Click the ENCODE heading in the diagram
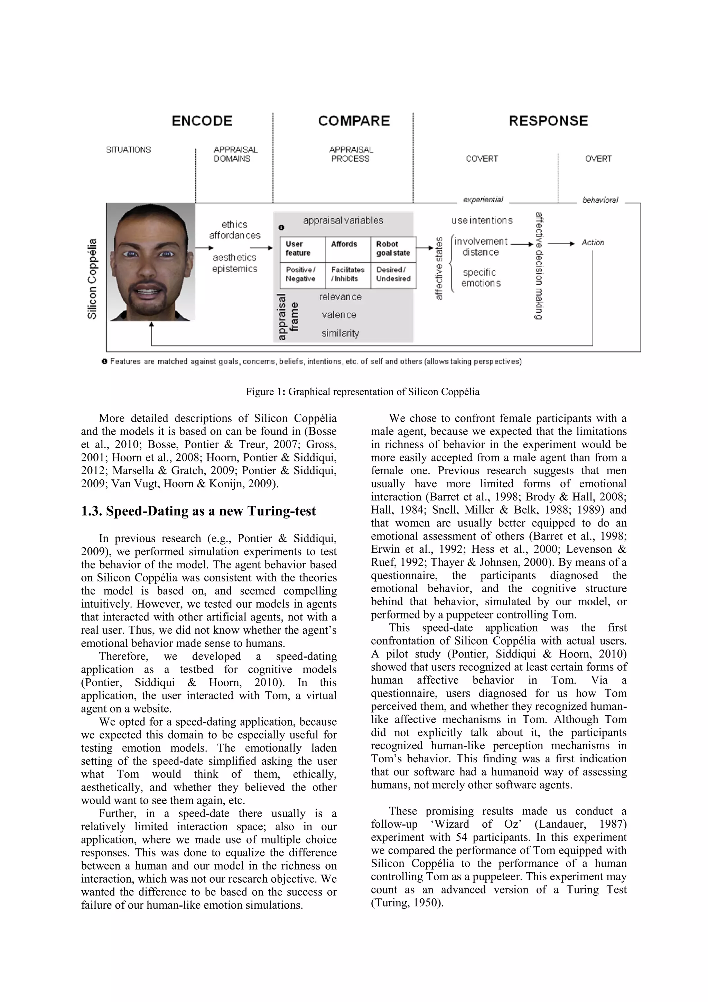click(202, 121)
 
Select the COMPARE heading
click(353, 121)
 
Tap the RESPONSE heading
click(548, 121)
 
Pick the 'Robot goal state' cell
click(393, 248)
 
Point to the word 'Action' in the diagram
click(593, 243)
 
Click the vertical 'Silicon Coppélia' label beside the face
click(92, 278)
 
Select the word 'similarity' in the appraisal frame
click(340, 333)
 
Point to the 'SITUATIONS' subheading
click(128, 150)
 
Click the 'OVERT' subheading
click(598, 159)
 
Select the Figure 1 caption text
click(362, 392)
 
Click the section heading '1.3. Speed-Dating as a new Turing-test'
click(198, 511)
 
